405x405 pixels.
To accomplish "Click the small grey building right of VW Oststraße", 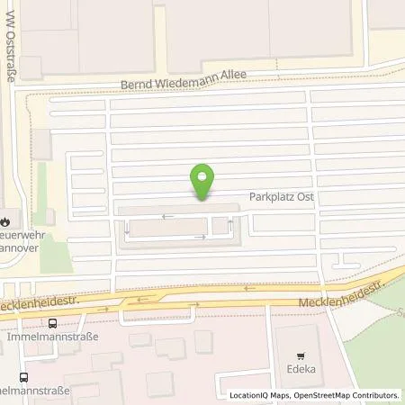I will point(40,141).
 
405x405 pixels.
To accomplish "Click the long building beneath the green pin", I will point(175,227).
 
